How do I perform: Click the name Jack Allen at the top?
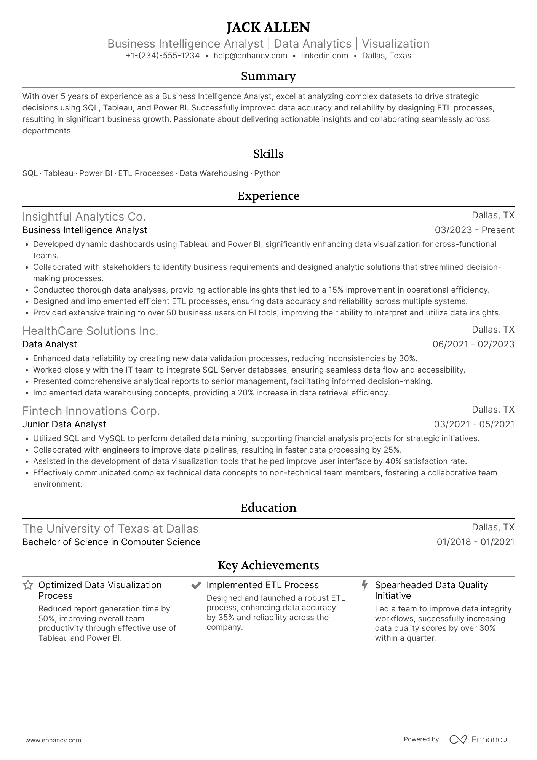[268, 27]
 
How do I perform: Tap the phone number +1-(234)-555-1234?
[163, 56]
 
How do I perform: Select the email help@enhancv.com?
[250, 56]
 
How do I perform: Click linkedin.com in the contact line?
[324, 56]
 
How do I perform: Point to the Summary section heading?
[268, 76]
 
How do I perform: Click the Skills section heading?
[268, 154]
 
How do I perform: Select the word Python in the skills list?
[267, 173]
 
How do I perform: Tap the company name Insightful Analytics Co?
[84, 217]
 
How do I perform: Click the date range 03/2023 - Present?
[474, 230]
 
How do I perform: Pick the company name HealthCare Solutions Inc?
[90, 331]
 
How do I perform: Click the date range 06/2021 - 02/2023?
[473, 344]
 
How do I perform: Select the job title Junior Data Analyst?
[64, 424]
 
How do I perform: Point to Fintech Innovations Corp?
[91, 411]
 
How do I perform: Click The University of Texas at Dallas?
[110, 529]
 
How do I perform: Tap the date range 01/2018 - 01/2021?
[475, 542]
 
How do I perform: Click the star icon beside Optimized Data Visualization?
[28, 585]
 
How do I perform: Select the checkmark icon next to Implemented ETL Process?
[196, 585]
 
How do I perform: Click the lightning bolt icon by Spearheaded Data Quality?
[364, 585]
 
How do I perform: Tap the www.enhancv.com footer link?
[53, 741]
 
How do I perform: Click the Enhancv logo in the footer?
[478, 739]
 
